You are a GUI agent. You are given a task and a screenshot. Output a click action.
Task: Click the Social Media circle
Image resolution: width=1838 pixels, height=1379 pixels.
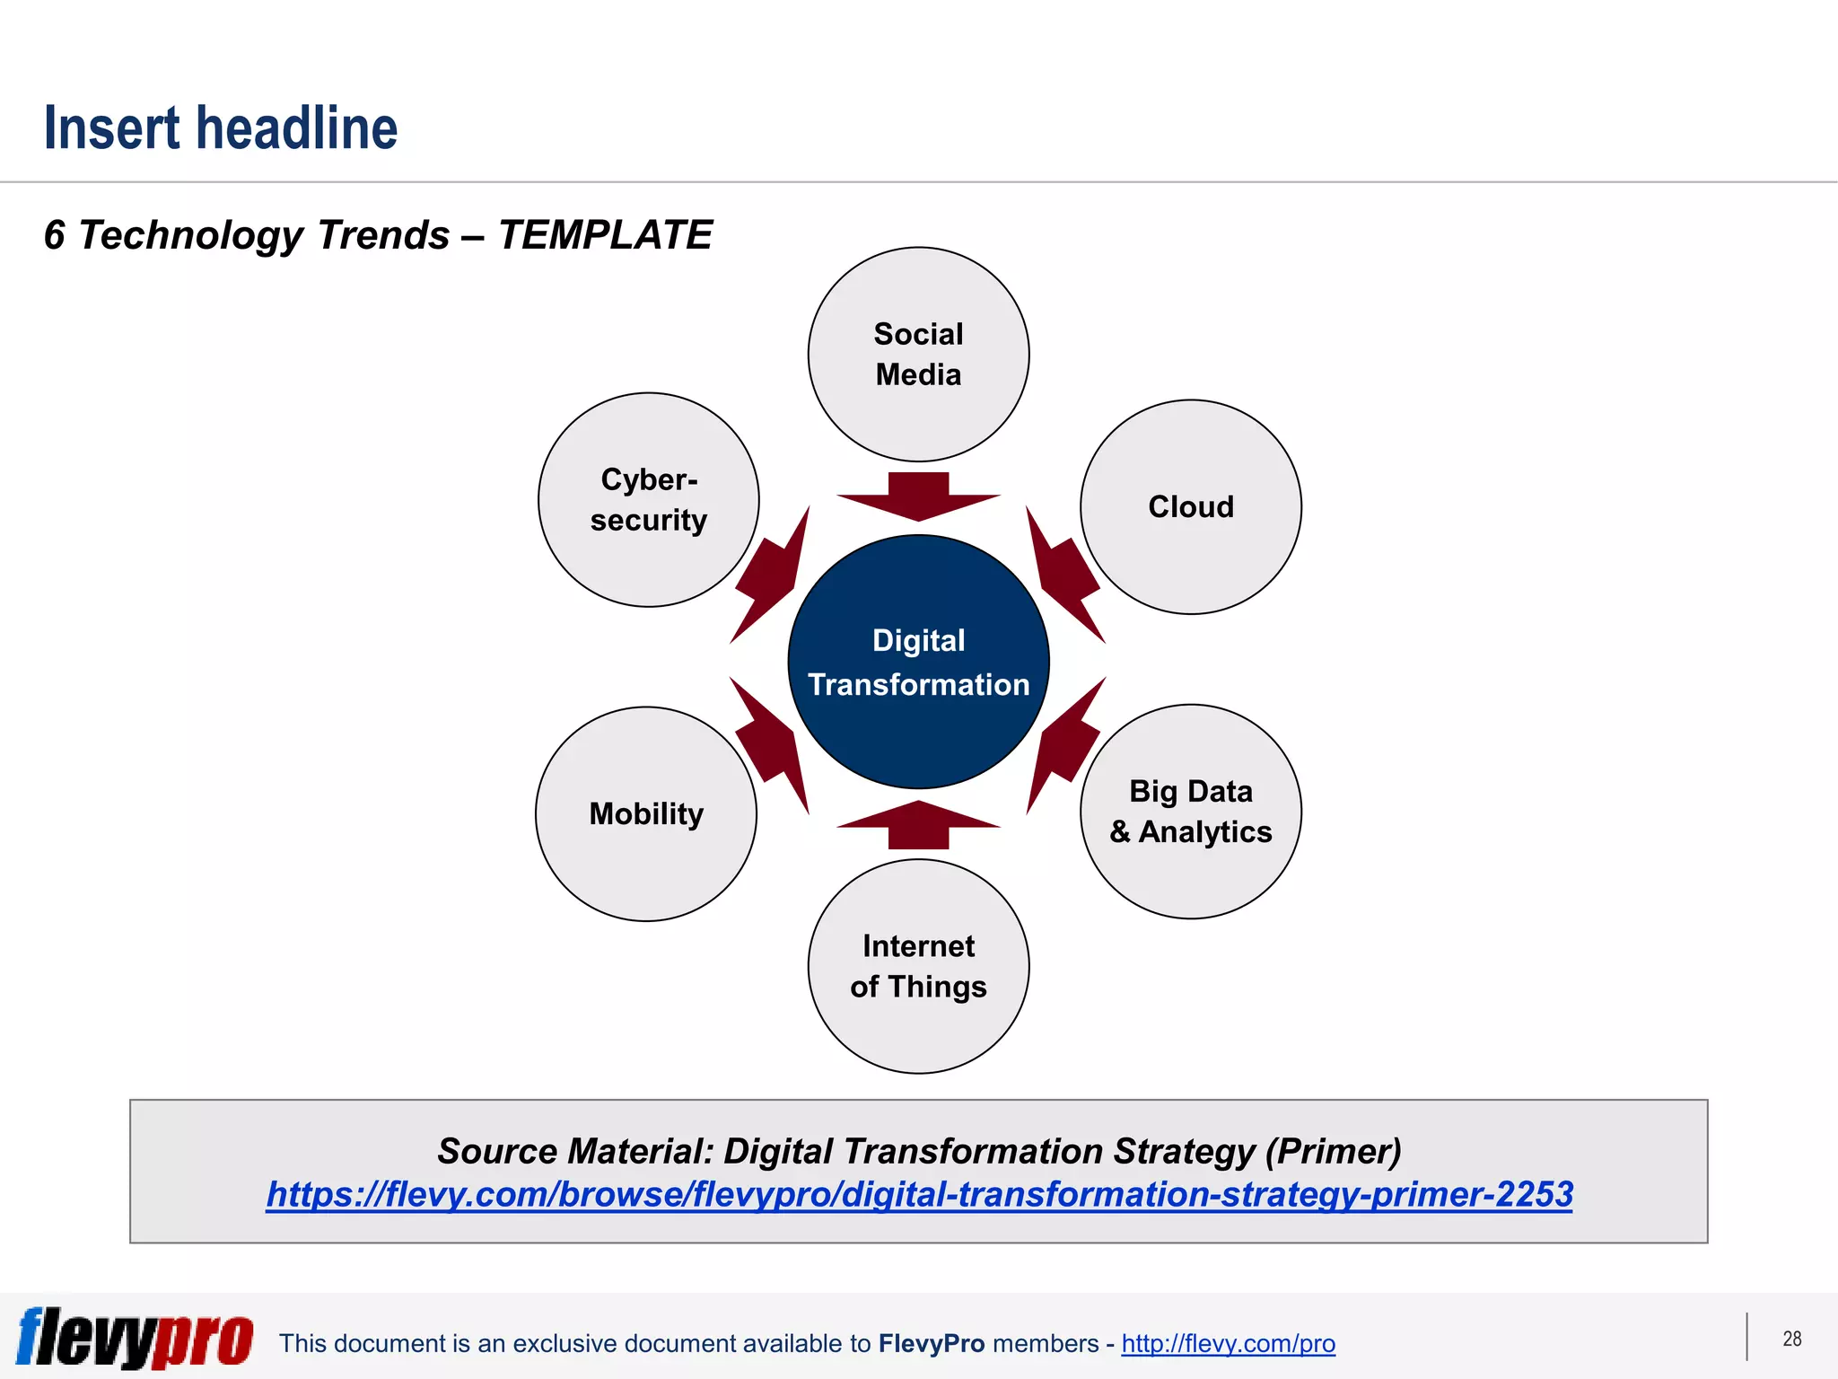coord(918,354)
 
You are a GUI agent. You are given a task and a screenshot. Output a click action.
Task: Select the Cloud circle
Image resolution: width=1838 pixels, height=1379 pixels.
coord(1190,507)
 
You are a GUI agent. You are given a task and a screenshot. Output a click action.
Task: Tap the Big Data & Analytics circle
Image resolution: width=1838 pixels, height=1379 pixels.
coord(1190,812)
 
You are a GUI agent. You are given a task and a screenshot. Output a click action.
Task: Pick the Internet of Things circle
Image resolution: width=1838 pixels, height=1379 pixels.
coord(918,966)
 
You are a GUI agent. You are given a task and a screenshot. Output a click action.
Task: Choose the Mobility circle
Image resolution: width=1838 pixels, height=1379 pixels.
coord(646,813)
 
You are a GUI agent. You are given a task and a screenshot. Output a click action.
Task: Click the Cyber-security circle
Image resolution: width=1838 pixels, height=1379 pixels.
coord(648,500)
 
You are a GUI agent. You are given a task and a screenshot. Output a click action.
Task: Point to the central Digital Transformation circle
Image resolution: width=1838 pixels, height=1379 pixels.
coord(918,663)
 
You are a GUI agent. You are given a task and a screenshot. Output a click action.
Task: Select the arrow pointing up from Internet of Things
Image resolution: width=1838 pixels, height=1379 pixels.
coord(918,824)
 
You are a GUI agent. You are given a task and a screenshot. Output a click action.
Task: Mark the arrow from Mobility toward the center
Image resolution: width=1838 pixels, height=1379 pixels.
coord(771,744)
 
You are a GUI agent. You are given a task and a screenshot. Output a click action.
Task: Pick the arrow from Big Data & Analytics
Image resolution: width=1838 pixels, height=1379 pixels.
coord(1064,744)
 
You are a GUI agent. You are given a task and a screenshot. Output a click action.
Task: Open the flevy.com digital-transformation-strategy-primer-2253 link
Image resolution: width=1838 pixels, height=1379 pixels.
coord(919,1194)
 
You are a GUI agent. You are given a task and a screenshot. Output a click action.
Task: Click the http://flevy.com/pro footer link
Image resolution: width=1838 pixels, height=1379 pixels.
coord(1228,1343)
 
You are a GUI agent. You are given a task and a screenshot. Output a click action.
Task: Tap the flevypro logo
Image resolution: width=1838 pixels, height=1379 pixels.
coord(135,1338)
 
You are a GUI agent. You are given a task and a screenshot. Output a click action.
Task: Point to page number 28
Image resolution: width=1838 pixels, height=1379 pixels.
coord(1791,1339)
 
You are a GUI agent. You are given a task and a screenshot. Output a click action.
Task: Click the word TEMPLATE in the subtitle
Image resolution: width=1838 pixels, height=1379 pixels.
coord(605,235)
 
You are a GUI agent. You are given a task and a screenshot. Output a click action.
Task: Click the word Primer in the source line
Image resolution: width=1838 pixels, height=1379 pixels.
coord(1334,1152)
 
